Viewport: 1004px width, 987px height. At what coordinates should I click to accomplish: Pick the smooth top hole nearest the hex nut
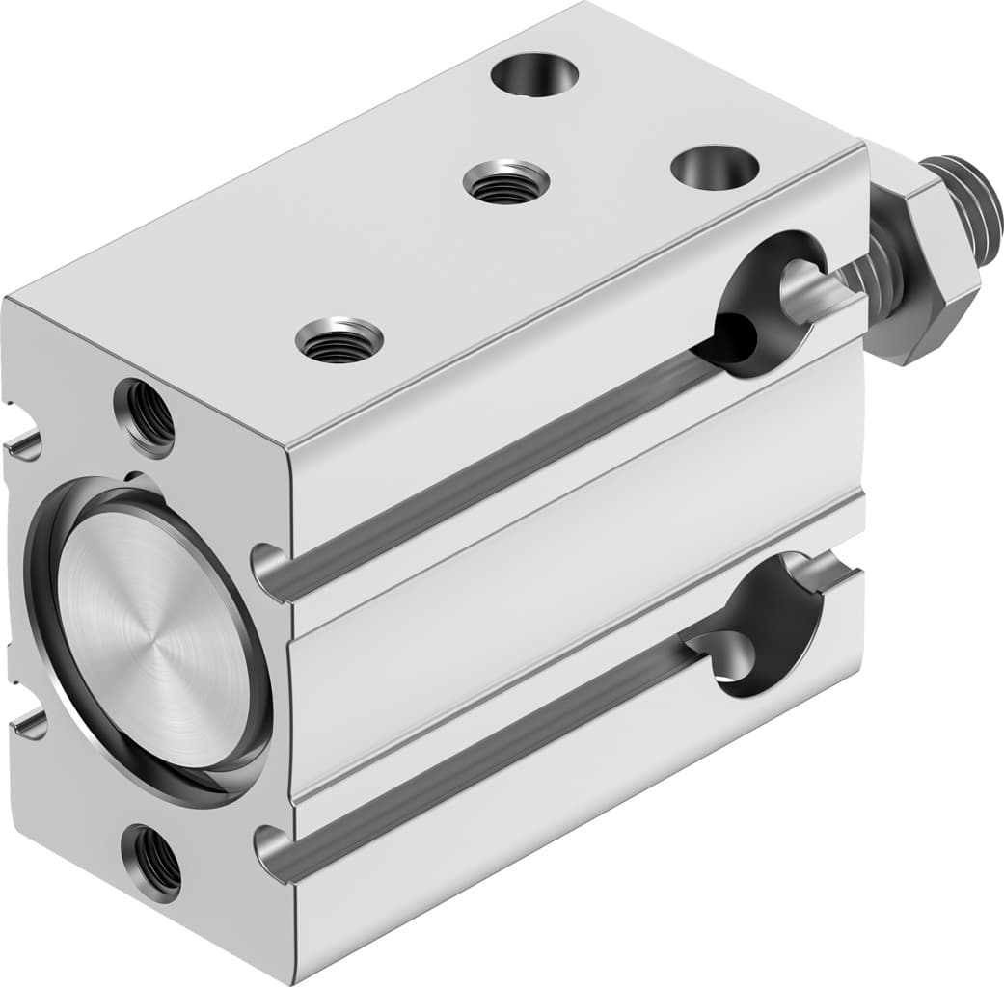(715, 167)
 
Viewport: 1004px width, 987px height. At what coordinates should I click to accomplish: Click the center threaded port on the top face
(505, 182)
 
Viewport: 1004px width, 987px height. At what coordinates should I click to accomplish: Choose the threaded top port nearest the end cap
(339, 340)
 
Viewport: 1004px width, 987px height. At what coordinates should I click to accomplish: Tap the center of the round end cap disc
(154, 637)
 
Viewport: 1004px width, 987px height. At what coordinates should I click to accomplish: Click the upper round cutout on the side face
(772, 304)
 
